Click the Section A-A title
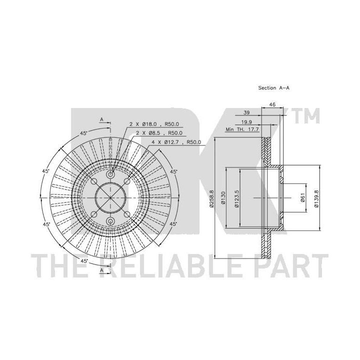(x=273, y=87)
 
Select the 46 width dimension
(x=272, y=104)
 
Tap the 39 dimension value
(x=246, y=112)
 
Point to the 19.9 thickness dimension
(x=246, y=122)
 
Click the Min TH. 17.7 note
(x=242, y=129)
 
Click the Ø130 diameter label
(x=222, y=198)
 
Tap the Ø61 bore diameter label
(x=302, y=197)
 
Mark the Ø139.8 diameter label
(x=316, y=198)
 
